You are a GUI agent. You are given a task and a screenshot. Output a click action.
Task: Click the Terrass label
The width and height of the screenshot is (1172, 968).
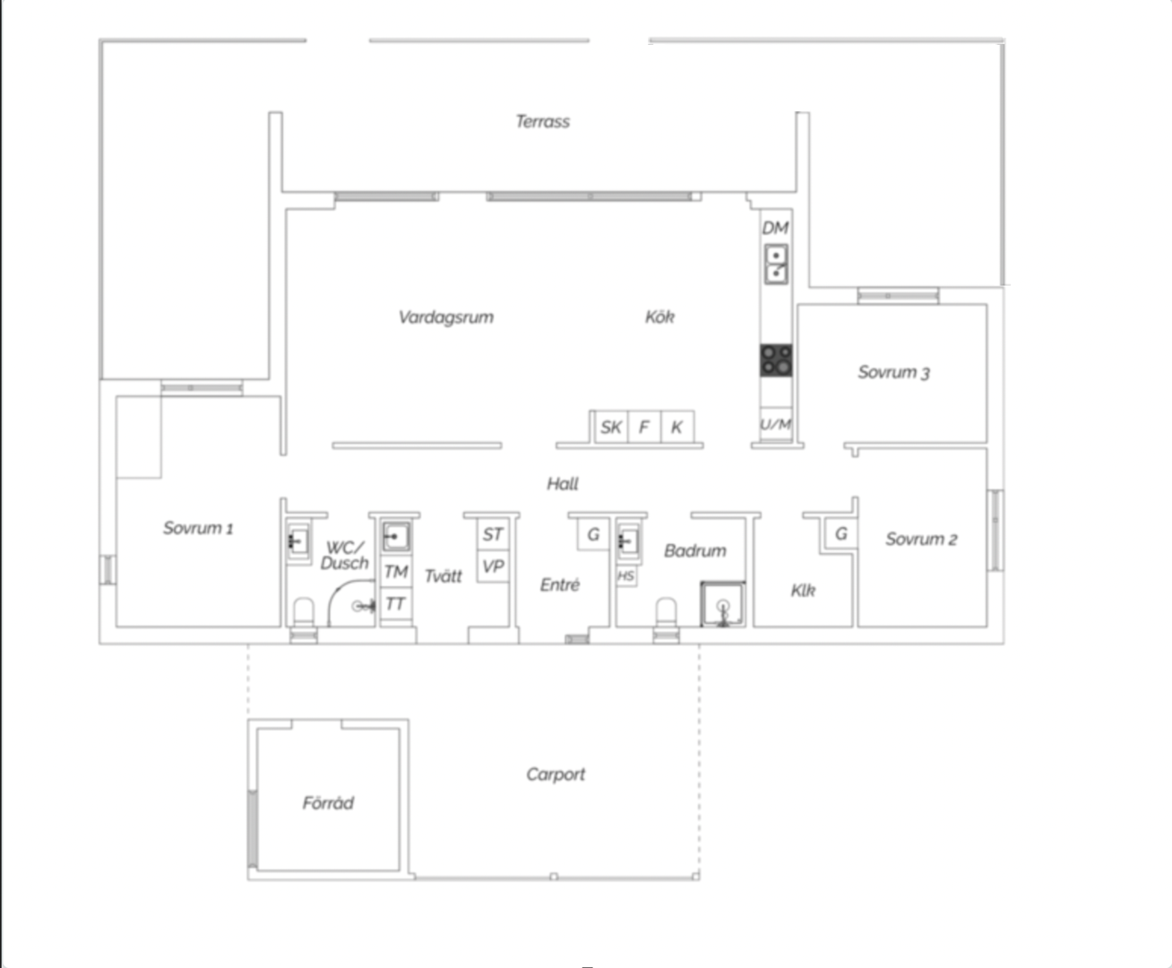click(x=543, y=121)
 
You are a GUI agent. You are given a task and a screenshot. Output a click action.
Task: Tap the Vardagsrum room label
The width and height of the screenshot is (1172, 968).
click(x=446, y=317)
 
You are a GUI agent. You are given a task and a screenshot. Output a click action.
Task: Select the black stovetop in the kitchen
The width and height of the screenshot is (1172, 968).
click(x=776, y=360)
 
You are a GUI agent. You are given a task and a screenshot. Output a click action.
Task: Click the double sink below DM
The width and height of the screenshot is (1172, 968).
click(x=776, y=264)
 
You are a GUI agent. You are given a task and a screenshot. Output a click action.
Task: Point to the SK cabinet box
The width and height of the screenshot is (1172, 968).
click(x=611, y=428)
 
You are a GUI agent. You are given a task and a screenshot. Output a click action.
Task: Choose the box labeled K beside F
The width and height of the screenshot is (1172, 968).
click(x=677, y=428)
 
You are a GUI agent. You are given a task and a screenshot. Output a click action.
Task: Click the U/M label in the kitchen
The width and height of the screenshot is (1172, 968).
click(x=776, y=425)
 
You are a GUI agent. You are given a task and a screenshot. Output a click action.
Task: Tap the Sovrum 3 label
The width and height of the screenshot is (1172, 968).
click(x=894, y=372)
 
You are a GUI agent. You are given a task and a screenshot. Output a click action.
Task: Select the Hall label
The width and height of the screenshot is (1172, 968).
click(x=563, y=483)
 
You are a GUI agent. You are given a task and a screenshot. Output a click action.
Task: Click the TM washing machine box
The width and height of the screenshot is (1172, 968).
click(x=396, y=572)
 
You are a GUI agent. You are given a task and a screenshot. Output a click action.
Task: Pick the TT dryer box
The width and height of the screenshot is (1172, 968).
click(x=396, y=603)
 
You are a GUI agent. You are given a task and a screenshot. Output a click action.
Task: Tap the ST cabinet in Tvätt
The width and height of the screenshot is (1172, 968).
click(x=493, y=534)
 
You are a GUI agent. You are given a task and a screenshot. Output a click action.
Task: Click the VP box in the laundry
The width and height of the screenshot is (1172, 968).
click(x=493, y=566)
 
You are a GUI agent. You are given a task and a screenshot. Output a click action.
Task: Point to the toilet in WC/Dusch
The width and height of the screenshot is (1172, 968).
click(x=304, y=612)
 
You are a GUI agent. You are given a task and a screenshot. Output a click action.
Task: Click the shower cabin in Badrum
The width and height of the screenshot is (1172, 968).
click(x=723, y=604)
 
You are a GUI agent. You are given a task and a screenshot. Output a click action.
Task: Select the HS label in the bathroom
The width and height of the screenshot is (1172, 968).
click(x=626, y=576)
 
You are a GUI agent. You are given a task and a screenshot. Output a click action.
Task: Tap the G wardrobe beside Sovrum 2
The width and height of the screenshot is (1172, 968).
click(x=840, y=533)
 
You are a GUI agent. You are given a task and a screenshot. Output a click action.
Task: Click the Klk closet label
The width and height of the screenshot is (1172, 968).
click(x=803, y=590)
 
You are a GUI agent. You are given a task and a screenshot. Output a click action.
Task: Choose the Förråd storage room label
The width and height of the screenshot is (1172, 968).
click(x=328, y=803)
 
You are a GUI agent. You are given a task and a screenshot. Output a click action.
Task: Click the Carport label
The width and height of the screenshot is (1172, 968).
click(x=556, y=775)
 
